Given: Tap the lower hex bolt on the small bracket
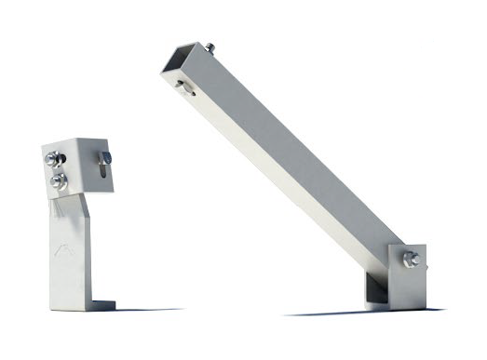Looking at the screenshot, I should click(x=59, y=180).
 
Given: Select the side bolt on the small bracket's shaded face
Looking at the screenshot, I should click(x=106, y=157).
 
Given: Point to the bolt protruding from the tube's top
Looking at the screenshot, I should click(x=211, y=47).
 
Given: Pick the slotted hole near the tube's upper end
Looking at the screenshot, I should click(x=186, y=88).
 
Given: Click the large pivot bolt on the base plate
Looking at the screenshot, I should click(x=411, y=258).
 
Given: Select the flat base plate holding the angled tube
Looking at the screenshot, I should click(x=408, y=279).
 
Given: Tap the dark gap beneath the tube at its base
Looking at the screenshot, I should click(x=376, y=290).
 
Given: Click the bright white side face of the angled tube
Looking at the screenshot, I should click(x=279, y=177).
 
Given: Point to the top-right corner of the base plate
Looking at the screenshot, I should click(x=424, y=245).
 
